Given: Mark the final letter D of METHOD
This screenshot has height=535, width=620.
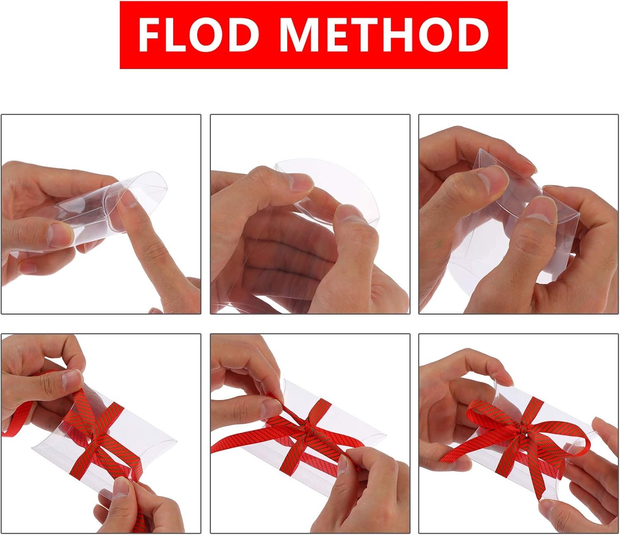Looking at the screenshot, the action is (x=472, y=35).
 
